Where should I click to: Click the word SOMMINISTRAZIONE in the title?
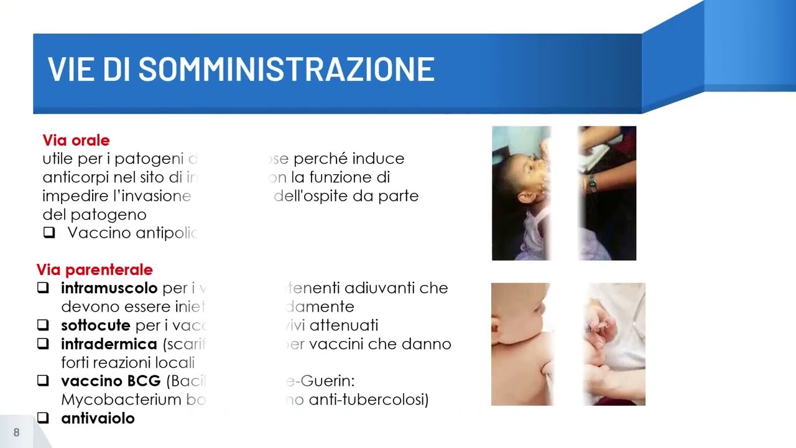[x=286, y=68]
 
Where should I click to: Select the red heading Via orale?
[x=76, y=141]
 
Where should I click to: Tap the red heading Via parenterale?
[x=95, y=270]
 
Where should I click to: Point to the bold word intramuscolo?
[x=109, y=289]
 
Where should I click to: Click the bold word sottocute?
[x=95, y=326]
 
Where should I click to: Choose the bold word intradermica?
[x=109, y=344]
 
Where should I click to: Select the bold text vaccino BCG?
[x=111, y=381]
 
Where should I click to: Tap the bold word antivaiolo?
[x=98, y=418]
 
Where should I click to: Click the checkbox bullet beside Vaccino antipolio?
[x=49, y=233]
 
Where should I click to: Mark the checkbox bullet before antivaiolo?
[x=43, y=418]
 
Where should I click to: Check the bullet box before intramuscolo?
[x=43, y=288]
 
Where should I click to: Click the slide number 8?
[x=16, y=432]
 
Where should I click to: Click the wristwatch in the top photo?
[x=592, y=182]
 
